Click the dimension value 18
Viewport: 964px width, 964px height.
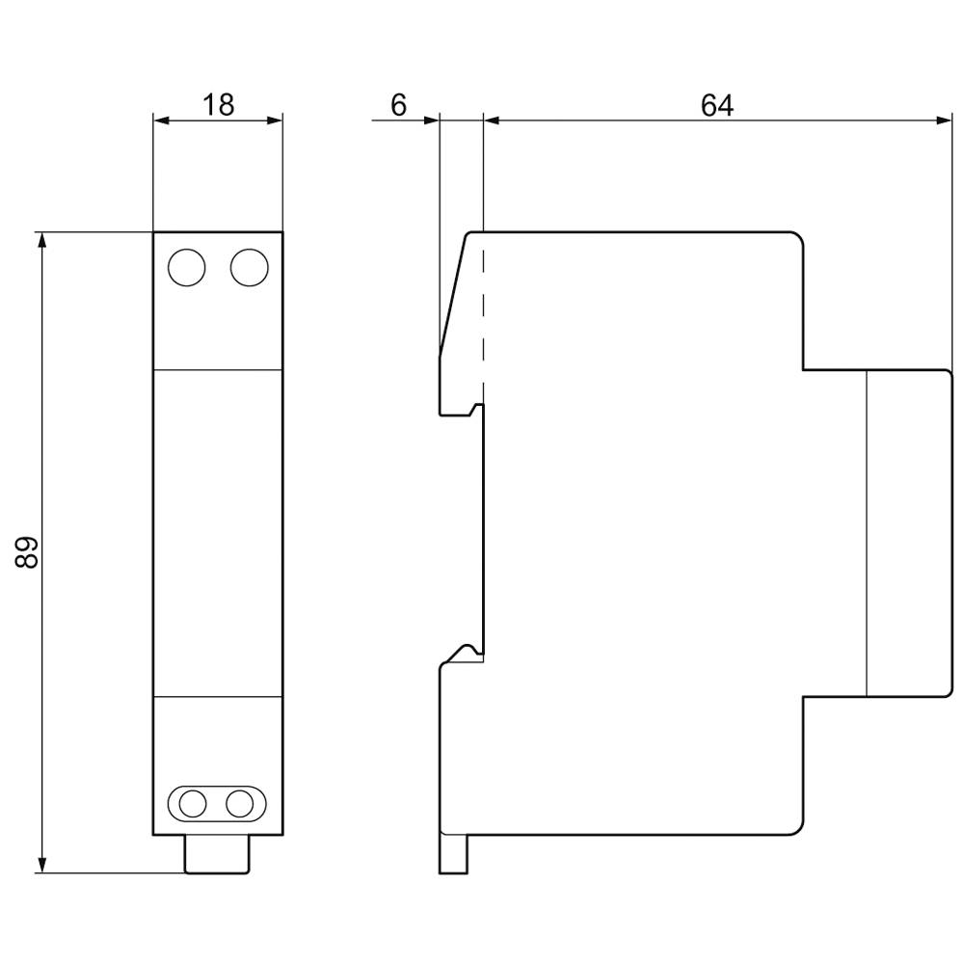[219, 104]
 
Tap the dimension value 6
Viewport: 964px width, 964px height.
[398, 105]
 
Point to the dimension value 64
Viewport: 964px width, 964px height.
[716, 105]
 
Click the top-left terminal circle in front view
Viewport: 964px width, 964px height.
[186, 267]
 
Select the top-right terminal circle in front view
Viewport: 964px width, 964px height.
[249, 267]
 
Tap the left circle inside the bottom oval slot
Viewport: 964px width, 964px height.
[194, 802]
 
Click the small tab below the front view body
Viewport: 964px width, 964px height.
[217, 854]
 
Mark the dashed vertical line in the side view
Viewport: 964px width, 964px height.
[483, 318]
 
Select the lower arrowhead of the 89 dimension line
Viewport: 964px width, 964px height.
[41, 865]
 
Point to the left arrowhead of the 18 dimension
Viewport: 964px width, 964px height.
[161, 120]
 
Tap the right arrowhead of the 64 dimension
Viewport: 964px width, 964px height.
[944, 120]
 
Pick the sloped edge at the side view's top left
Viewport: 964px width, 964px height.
[454, 294]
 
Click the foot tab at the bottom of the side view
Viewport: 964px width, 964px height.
[453, 853]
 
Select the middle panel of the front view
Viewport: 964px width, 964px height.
[218, 532]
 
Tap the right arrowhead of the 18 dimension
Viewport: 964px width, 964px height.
[276, 120]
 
